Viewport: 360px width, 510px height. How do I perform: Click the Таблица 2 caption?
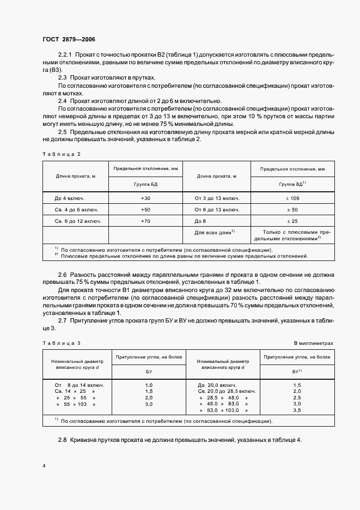click(61, 154)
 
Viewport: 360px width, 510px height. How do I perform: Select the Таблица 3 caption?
click(61, 343)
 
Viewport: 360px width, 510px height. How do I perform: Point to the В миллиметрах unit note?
click(314, 343)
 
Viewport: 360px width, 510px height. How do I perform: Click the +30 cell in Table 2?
click(145, 198)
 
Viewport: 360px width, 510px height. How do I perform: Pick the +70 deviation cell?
click(145, 221)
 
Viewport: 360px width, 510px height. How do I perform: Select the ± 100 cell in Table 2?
click(292, 198)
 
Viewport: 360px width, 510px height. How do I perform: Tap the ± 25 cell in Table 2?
click(292, 221)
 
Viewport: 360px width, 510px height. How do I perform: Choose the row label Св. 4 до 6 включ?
click(74, 209)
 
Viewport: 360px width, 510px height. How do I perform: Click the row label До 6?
click(201, 221)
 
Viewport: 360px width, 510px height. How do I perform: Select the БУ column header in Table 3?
click(148, 371)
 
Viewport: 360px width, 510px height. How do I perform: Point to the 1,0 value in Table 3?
click(149, 385)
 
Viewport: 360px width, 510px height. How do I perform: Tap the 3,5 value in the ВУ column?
click(297, 410)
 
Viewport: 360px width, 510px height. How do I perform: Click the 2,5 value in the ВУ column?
click(297, 398)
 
